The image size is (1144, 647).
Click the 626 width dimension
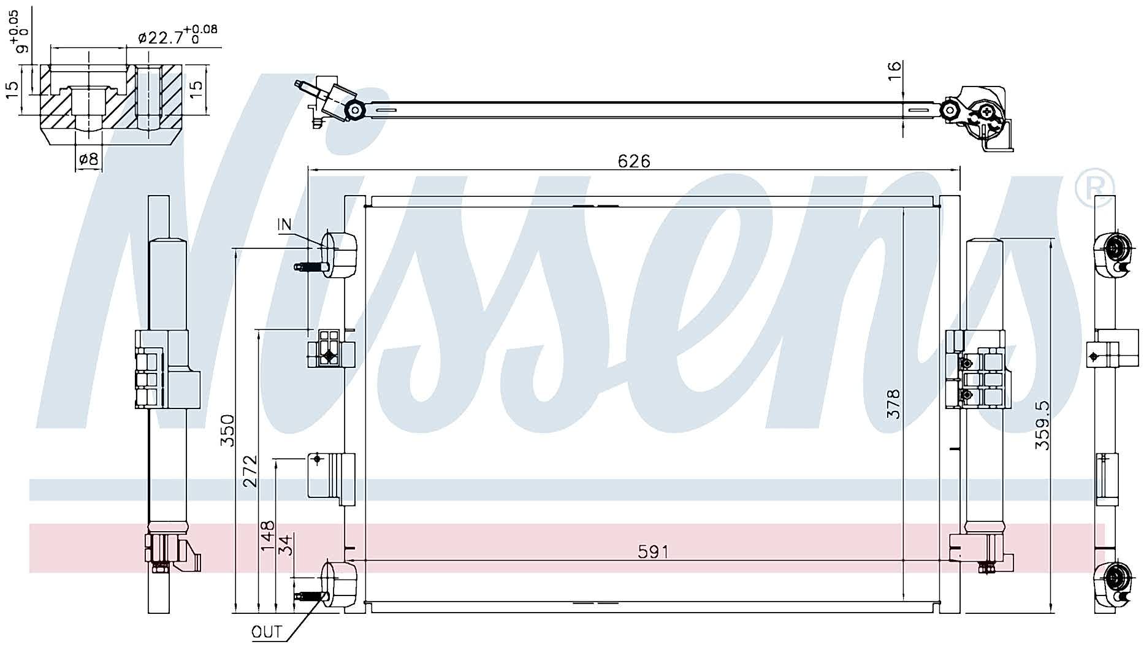[x=634, y=161]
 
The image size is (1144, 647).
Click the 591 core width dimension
[x=654, y=552]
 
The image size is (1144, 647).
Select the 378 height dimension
[x=894, y=404]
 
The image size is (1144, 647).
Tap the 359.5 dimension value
[x=1043, y=426]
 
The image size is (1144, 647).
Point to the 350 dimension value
[x=227, y=431]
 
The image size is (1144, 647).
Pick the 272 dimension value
[x=250, y=471]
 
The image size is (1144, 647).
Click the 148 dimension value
[x=268, y=537]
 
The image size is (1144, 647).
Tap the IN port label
[x=284, y=225]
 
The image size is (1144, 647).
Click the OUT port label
[x=267, y=632]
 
